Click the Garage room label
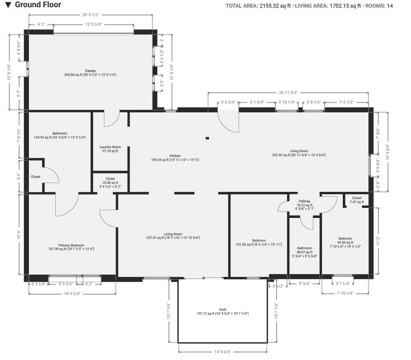[90, 71]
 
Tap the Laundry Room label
[110, 147]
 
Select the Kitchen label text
[175, 156]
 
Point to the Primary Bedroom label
[71, 245]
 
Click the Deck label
[222, 309]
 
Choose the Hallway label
[304, 201]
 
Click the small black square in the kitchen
[208, 138]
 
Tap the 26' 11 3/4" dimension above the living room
[288, 92]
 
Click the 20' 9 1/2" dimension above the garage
[90, 15]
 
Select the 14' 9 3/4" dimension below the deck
[222, 352]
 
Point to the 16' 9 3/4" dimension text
[72, 294]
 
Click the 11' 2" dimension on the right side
[378, 241]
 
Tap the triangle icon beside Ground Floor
[8, 5]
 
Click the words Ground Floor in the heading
[38, 5]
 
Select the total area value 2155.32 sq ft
[275, 6]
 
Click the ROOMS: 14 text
[379, 6]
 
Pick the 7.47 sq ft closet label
[357, 202]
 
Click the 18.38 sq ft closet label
[110, 183]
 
